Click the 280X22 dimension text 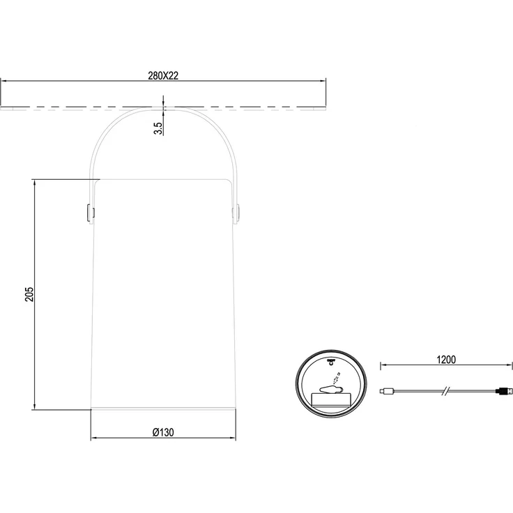(163, 75)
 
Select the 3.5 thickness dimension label (158, 128)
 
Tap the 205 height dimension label (29, 294)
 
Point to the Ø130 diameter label (163, 432)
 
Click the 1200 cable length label (446, 360)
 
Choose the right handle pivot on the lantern (236, 213)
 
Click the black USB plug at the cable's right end (503, 390)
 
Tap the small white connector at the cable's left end (386, 390)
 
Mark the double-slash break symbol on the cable (446, 390)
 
